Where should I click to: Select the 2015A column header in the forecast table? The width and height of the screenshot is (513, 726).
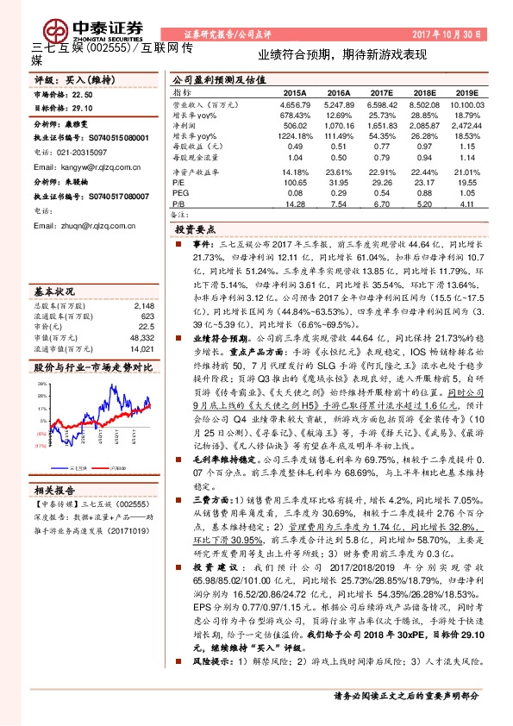pos(294,91)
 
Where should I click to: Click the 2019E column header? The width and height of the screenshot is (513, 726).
pos(466,91)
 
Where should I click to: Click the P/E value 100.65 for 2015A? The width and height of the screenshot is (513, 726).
pos(294,183)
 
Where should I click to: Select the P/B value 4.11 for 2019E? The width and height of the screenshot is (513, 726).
pos(466,205)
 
